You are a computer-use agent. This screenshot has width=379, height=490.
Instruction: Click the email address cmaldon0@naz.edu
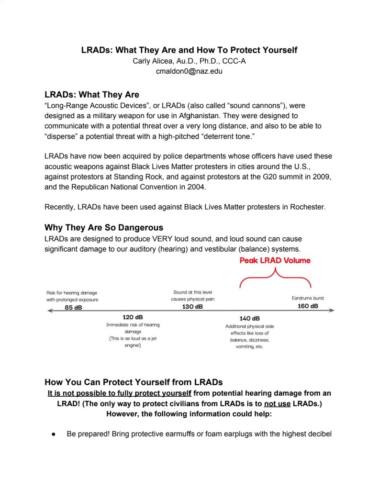[x=189, y=71]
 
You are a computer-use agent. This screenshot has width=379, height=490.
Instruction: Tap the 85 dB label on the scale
[x=73, y=307]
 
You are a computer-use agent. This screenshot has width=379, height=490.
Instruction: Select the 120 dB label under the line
[x=133, y=317]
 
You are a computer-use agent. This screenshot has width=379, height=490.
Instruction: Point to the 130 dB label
[x=192, y=306]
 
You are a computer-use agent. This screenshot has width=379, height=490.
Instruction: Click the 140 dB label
[x=249, y=318]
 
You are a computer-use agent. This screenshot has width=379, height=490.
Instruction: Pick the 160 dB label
[x=308, y=306]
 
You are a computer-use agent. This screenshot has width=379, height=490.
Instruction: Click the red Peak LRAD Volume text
[x=275, y=260]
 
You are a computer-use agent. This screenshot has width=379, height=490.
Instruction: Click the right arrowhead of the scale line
[x=332, y=311]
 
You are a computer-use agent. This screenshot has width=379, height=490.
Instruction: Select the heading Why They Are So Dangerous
[x=104, y=227]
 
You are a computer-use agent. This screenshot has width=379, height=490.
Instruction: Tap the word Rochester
[x=308, y=207]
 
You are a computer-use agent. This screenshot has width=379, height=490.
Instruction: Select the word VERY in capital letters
[x=175, y=238]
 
